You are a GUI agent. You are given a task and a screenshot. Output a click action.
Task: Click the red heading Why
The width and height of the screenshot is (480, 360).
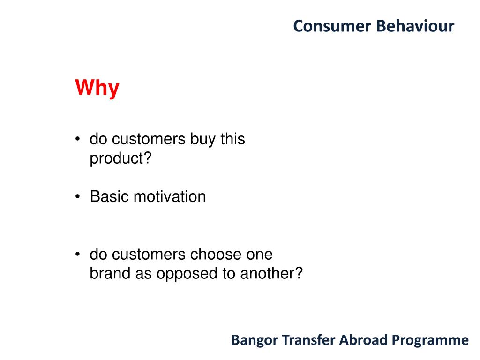point(97,89)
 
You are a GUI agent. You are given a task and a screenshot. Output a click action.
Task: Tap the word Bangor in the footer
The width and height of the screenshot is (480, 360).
point(255,341)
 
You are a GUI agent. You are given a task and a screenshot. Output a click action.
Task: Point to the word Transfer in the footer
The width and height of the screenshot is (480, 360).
point(308,340)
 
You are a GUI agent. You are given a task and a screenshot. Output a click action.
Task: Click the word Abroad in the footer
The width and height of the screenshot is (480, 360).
point(363,340)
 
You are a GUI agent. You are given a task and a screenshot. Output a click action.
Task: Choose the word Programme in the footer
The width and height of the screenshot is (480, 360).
point(430,341)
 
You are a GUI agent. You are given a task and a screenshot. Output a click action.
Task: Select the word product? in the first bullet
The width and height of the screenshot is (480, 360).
point(120,158)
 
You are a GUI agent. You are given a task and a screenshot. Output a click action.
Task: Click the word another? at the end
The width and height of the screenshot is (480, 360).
point(271,273)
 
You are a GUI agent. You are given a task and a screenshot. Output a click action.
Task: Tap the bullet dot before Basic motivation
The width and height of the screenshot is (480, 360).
point(78,196)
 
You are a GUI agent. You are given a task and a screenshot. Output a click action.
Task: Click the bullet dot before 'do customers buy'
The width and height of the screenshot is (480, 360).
point(78,139)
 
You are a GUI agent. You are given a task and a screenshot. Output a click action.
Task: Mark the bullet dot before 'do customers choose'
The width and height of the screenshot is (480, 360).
point(78,254)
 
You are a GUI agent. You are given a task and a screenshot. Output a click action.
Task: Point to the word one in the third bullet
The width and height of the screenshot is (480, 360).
point(260,255)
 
